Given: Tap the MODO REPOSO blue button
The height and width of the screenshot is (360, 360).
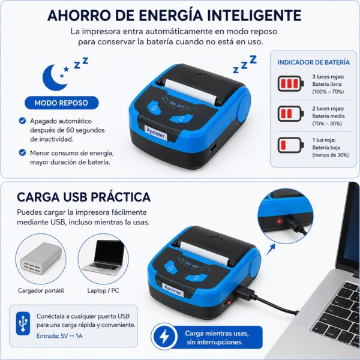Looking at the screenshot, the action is [62, 103].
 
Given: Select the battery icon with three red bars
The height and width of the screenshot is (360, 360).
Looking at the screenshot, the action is [290, 83].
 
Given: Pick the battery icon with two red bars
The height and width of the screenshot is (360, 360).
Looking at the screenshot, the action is [290, 113].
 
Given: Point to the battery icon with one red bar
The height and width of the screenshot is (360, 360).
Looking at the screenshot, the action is [290, 145].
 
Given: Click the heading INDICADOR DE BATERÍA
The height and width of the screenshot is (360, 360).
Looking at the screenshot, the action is [313, 62].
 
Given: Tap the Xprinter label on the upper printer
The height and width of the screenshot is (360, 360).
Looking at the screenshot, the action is [155, 133].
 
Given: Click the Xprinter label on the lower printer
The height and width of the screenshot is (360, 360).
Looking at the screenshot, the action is [173, 290].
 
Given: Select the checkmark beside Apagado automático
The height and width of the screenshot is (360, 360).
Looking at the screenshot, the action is [22, 121].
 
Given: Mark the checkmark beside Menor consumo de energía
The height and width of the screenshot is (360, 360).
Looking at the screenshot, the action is [22, 152].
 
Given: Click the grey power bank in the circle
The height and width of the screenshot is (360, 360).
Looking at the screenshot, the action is [41, 258].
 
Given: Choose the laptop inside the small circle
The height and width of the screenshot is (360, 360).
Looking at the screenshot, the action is [103, 257].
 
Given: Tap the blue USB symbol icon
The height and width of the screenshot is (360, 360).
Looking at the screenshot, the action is [23, 323].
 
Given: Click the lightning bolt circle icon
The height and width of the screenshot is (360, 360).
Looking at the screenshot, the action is [164, 337].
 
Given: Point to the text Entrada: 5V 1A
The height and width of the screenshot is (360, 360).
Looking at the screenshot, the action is [59, 336].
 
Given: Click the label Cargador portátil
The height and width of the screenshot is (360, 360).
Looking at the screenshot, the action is [41, 290].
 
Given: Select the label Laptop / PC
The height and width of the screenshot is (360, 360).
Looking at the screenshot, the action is [103, 290].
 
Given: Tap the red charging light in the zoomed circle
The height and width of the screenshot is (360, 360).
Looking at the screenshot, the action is [279, 221].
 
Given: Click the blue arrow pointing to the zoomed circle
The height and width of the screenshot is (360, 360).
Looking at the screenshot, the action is [271, 250].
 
